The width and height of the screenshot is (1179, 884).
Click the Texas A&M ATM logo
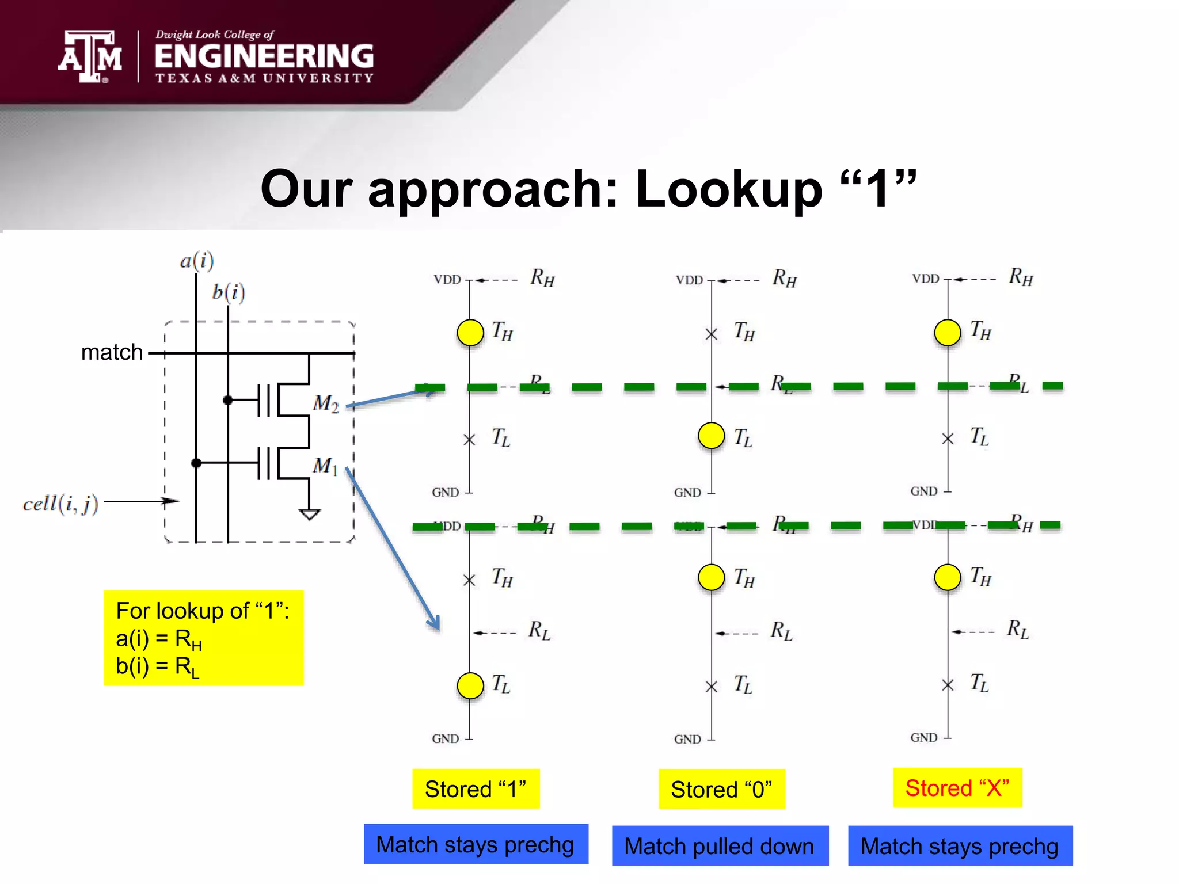(x=90, y=56)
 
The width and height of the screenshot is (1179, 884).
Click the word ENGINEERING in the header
(x=264, y=56)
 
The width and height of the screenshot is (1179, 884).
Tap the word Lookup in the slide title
(x=728, y=190)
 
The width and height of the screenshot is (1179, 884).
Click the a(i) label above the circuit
(x=197, y=261)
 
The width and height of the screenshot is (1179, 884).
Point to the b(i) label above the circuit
(x=229, y=292)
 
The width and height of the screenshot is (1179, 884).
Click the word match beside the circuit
(x=112, y=352)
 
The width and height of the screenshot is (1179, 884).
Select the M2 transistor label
(x=325, y=403)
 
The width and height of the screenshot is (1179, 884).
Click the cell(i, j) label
(x=60, y=504)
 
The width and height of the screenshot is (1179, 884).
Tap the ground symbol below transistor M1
(x=310, y=514)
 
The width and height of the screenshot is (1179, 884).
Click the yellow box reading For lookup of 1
(x=203, y=638)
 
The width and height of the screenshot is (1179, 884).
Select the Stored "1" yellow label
(x=476, y=789)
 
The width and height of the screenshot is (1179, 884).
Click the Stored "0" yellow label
(x=721, y=789)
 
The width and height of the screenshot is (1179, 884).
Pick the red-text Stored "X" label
(x=957, y=788)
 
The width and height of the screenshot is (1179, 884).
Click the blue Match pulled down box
(x=720, y=846)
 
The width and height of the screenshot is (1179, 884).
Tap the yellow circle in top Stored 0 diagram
(x=711, y=436)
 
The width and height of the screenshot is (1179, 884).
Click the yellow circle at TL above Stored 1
(x=470, y=685)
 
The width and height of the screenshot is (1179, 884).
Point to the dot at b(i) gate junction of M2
(x=228, y=400)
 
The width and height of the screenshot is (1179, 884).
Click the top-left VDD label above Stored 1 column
(x=447, y=280)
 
